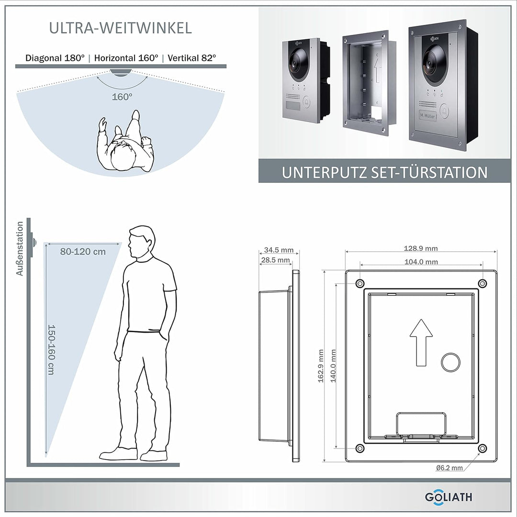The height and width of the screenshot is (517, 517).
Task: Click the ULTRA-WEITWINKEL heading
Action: tap(121, 28)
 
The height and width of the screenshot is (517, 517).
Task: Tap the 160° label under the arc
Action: tap(123, 97)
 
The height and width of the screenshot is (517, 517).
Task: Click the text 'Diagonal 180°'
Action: tap(55, 58)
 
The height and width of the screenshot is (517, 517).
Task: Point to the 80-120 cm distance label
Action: tap(83, 252)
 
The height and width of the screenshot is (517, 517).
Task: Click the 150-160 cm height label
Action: tap(51, 350)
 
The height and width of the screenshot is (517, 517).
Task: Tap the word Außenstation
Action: tap(20, 249)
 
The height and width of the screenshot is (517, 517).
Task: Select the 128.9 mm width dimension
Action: tap(421, 248)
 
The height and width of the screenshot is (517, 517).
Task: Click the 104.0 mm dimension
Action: tap(421, 262)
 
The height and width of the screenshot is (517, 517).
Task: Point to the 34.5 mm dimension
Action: tap(279, 250)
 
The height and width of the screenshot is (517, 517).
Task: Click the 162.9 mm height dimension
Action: tap(321, 366)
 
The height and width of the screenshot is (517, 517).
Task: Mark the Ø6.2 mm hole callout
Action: tap(449, 468)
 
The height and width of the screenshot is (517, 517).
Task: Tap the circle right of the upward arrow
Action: tap(450, 362)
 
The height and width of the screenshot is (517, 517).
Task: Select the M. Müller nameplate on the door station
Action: tap(427, 115)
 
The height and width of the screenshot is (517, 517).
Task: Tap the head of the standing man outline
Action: tap(142, 242)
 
